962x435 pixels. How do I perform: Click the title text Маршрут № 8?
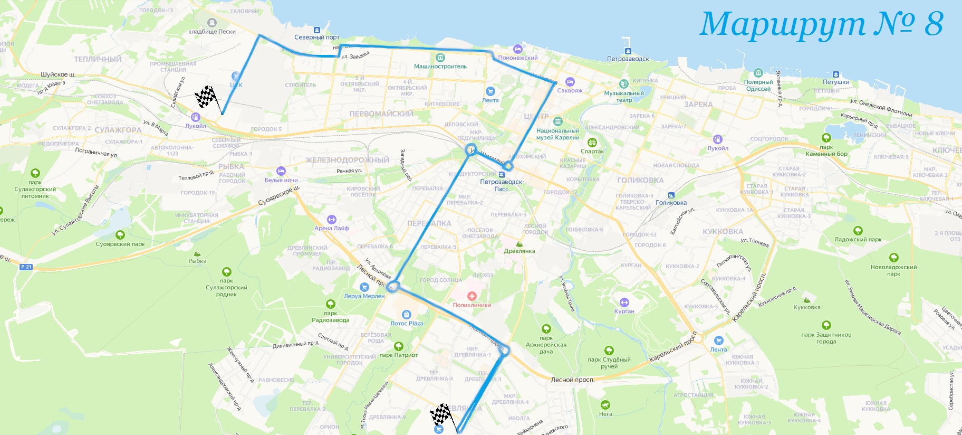821,24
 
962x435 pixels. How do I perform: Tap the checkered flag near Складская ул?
206,97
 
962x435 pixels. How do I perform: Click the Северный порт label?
316,37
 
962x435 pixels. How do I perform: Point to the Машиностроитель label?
440,67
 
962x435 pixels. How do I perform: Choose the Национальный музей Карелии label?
557,134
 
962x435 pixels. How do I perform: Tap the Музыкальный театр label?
624,97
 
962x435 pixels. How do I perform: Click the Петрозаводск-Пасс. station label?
502,185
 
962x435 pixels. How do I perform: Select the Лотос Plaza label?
407,324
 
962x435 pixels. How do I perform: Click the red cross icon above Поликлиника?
472,296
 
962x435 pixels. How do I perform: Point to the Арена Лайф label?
332,228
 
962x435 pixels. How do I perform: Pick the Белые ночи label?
281,180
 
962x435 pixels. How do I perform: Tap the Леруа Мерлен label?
364,296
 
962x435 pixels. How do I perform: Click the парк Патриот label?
399,355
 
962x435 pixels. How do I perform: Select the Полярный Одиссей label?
758,86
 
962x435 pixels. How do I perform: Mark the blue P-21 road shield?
26,267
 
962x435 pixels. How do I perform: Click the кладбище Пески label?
212,32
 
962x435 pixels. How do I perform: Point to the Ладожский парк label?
858,240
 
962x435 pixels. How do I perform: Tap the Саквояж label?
570,90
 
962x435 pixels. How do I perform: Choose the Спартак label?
592,152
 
